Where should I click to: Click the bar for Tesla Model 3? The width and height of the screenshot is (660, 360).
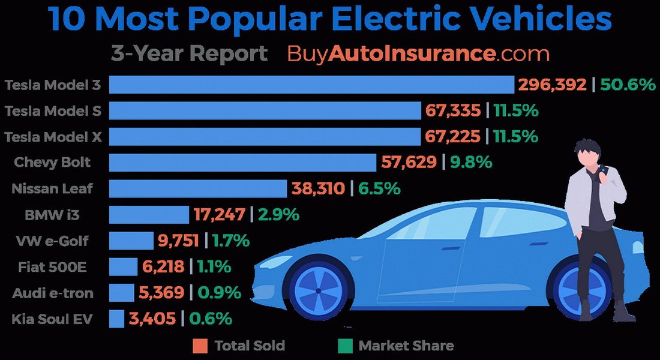(311, 85)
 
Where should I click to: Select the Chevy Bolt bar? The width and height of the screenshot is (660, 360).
(242, 162)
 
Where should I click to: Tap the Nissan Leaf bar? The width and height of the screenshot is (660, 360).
(198, 188)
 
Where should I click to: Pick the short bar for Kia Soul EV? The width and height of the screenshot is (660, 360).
(116, 319)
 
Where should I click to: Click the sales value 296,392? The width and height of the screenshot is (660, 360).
(553, 85)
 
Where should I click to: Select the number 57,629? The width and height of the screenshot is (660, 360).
(409, 162)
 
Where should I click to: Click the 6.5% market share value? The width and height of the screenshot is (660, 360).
(379, 188)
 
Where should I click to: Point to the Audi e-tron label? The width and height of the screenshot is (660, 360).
(52, 293)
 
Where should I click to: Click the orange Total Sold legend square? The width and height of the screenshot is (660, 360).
(200, 346)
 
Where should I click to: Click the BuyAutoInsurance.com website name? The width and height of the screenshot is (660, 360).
(418, 53)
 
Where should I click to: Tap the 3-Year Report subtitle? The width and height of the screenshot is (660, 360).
(189, 53)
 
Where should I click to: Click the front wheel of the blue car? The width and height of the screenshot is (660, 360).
(317, 289)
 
